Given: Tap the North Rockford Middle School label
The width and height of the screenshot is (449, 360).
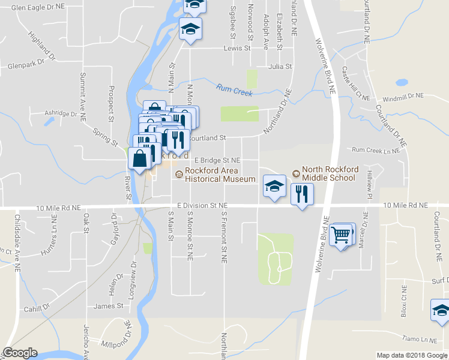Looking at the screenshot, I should (330, 173).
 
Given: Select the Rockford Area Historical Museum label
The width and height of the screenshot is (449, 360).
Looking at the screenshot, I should (220, 175).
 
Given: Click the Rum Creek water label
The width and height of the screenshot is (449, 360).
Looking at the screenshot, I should (235, 89).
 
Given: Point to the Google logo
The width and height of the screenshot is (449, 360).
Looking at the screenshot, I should (20, 353).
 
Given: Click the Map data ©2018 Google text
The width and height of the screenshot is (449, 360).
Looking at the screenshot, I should (412, 355).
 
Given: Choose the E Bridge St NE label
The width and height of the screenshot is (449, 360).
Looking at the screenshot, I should (217, 161).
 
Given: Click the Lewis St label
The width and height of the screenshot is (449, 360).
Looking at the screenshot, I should (237, 48).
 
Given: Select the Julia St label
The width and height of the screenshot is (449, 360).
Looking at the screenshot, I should (280, 67).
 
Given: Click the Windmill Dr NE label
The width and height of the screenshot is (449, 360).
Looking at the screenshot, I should (402, 95).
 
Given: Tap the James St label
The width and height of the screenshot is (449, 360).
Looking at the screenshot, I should (108, 306).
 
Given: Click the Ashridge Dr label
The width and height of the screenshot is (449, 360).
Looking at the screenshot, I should (61, 113).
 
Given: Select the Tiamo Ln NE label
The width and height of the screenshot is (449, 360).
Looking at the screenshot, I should (420, 339).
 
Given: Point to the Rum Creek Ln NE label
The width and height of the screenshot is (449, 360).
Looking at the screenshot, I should (375, 149).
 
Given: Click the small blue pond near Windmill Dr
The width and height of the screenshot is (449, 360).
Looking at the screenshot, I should (402, 83).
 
